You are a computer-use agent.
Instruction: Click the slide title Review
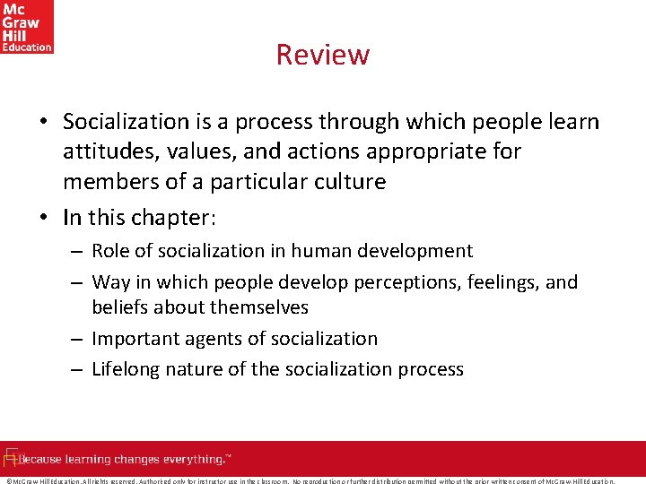[323, 55]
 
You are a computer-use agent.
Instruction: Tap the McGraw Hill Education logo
[27, 27]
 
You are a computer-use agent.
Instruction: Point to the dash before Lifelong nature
[76, 369]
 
